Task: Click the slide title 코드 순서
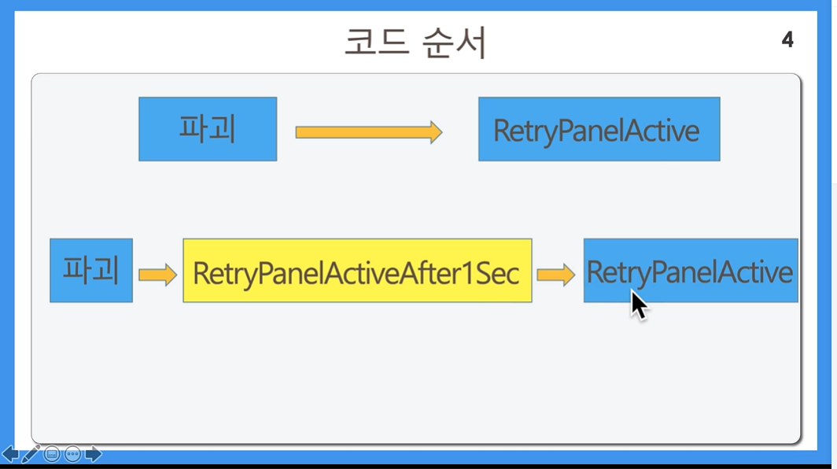[x=415, y=42]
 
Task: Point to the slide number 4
[x=787, y=39]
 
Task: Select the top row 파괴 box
[x=208, y=129]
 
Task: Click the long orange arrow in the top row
[x=369, y=132]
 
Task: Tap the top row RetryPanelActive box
[x=599, y=129]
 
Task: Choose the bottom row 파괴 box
[x=91, y=270]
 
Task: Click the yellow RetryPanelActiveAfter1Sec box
[x=357, y=270]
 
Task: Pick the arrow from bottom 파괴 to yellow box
[x=157, y=275]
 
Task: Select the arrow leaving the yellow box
[x=555, y=275]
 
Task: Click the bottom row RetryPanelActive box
[x=691, y=270]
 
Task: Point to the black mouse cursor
[x=639, y=305]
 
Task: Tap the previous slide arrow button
[x=10, y=455]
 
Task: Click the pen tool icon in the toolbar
[x=31, y=454]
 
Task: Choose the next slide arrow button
[x=94, y=455]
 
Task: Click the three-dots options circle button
[x=72, y=455]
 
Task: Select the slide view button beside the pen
[x=52, y=455]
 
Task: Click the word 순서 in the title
[x=454, y=42]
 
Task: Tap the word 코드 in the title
[x=377, y=42]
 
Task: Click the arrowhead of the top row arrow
[x=436, y=132]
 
